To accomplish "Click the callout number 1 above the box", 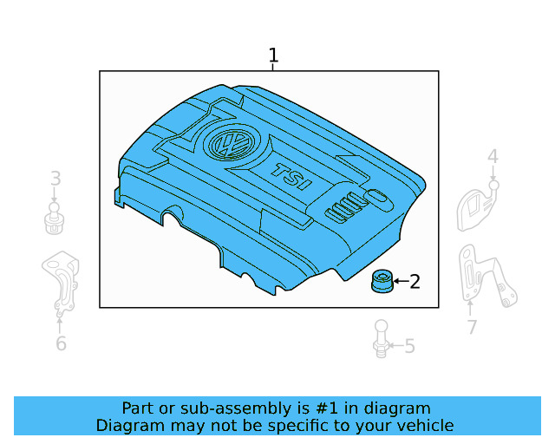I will coord(273,56).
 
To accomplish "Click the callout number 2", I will coord(415,281).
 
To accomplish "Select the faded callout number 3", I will coord(55,179).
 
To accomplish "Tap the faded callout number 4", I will coord(493,157).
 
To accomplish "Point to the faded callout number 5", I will coord(409,347).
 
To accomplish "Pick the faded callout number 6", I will coord(60,343).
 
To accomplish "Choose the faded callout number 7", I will coord(472,327).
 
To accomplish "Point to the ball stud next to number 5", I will coord(380,336).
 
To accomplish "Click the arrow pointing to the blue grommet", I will coord(400,281).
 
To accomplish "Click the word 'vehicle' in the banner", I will coord(424,425).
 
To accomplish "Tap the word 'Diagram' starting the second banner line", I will coord(127,425).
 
